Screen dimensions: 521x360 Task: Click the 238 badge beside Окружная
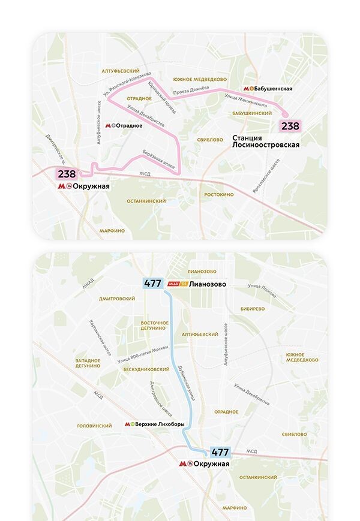[x=67, y=174]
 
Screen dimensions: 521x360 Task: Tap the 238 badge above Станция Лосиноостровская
[x=290, y=126]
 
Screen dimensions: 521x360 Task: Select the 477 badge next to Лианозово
[x=152, y=284]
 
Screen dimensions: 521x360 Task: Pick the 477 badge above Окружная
[x=220, y=453]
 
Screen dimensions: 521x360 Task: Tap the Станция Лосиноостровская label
[x=265, y=141]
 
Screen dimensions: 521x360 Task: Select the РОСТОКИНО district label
[x=218, y=195]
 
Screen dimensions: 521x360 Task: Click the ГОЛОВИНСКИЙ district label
[x=95, y=426]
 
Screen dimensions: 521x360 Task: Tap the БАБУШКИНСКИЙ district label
[x=251, y=113]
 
